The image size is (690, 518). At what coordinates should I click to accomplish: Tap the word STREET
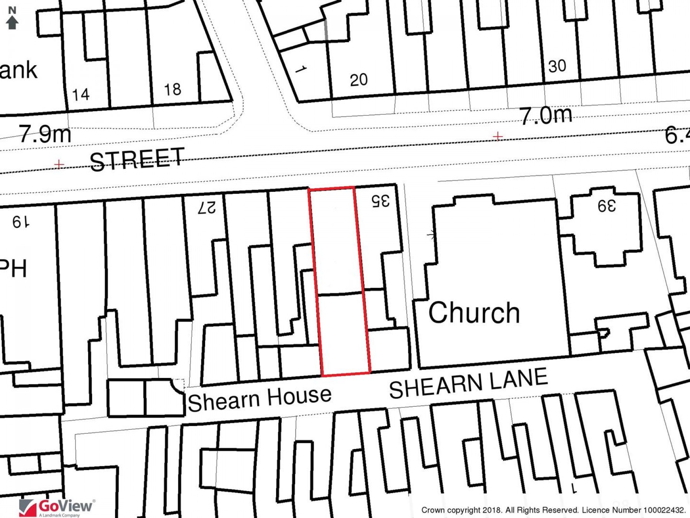137,159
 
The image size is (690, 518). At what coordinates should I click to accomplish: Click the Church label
474,313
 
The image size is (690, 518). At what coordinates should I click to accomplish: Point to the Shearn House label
260,399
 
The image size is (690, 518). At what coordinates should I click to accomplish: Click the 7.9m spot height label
45,134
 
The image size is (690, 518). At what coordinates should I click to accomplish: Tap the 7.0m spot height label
546,115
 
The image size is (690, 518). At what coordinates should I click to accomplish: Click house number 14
81,94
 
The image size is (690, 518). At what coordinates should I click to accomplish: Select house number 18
172,89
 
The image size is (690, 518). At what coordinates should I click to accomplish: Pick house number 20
359,80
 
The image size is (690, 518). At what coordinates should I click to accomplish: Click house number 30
557,66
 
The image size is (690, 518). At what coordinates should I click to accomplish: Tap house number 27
207,208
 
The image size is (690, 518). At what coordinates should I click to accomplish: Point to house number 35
381,201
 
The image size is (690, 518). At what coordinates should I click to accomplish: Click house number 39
607,206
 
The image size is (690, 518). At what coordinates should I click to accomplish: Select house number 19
21,222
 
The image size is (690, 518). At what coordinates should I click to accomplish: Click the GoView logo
56,508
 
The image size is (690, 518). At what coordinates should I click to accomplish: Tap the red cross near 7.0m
498,136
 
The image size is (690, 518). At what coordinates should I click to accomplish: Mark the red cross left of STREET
59,165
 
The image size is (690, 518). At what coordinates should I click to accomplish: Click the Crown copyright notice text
553,510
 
